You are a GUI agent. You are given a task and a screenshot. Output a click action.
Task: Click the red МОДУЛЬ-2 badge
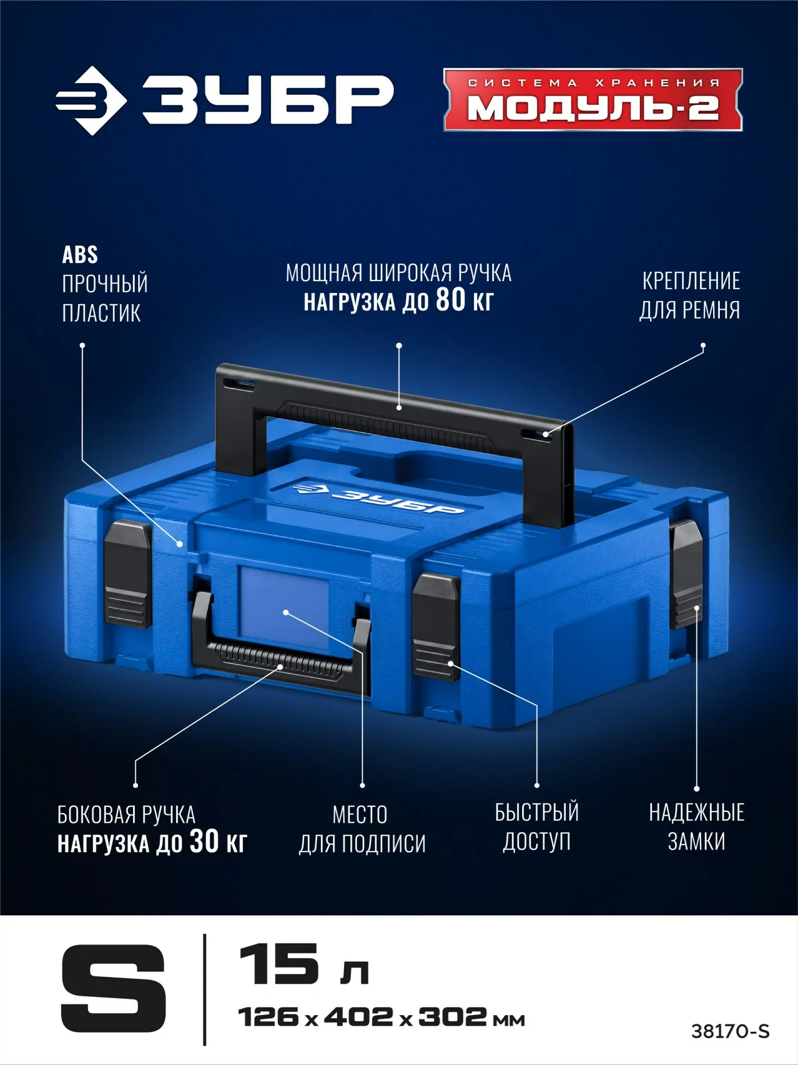tap(593, 100)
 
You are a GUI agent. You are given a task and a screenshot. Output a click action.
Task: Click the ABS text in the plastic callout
tap(80, 255)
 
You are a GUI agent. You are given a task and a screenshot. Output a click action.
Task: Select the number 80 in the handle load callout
tap(451, 300)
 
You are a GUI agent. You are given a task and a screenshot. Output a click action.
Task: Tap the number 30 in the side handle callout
tap(204, 841)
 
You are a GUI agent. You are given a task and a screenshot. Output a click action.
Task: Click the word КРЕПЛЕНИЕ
tap(691, 281)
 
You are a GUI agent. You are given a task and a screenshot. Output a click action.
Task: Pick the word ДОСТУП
tap(536, 841)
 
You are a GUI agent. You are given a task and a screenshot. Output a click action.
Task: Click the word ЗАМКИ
tap(697, 841)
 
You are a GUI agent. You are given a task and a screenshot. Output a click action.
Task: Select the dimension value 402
tap(359, 1017)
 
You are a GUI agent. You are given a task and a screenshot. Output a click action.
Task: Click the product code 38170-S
tap(730, 1031)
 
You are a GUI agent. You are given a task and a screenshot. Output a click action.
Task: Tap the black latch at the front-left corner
tap(128, 575)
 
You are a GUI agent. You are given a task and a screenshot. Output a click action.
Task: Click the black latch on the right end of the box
tap(686, 575)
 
